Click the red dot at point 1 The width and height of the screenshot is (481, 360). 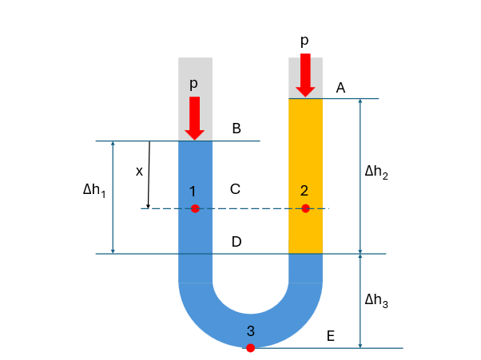[x=195, y=208]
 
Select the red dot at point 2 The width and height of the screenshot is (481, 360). [x=305, y=208]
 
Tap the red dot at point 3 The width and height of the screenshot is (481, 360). [x=250, y=347]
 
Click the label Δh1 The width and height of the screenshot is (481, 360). [x=93, y=191]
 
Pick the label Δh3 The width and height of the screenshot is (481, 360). [x=376, y=300]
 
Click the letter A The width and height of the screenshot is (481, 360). [x=340, y=88]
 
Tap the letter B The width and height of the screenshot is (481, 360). [x=237, y=129]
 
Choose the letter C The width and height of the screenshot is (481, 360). [x=235, y=189]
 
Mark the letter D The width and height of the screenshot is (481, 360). [x=237, y=242]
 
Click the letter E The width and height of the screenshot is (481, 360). [x=330, y=335]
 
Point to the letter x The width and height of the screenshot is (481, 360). [x=139, y=171]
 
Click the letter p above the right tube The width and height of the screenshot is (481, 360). [x=304, y=41]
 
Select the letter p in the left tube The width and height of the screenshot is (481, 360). [x=194, y=83]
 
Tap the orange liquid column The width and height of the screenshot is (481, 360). [x=305, y=160]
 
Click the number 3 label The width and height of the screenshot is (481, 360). [x=250, y=330]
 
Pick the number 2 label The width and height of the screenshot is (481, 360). [x=304, y=190]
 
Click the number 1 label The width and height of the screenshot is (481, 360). [x=194, y=190]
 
